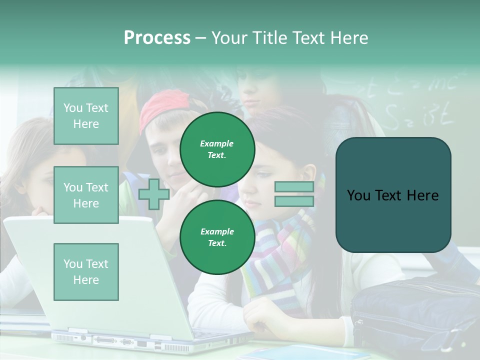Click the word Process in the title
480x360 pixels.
click(157, 38)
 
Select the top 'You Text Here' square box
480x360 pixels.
click(86, 116)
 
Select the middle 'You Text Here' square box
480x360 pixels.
click(86, 195)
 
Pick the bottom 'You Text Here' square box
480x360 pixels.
click(86, 271)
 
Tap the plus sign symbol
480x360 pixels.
click(154, 194)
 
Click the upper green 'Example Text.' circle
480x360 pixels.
click(217, 149)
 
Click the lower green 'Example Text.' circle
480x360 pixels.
click(217, 237)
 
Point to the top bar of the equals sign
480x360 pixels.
click(294, 187)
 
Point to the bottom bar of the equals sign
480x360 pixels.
click(294, 201)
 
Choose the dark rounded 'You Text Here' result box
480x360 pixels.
click(393, 195)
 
